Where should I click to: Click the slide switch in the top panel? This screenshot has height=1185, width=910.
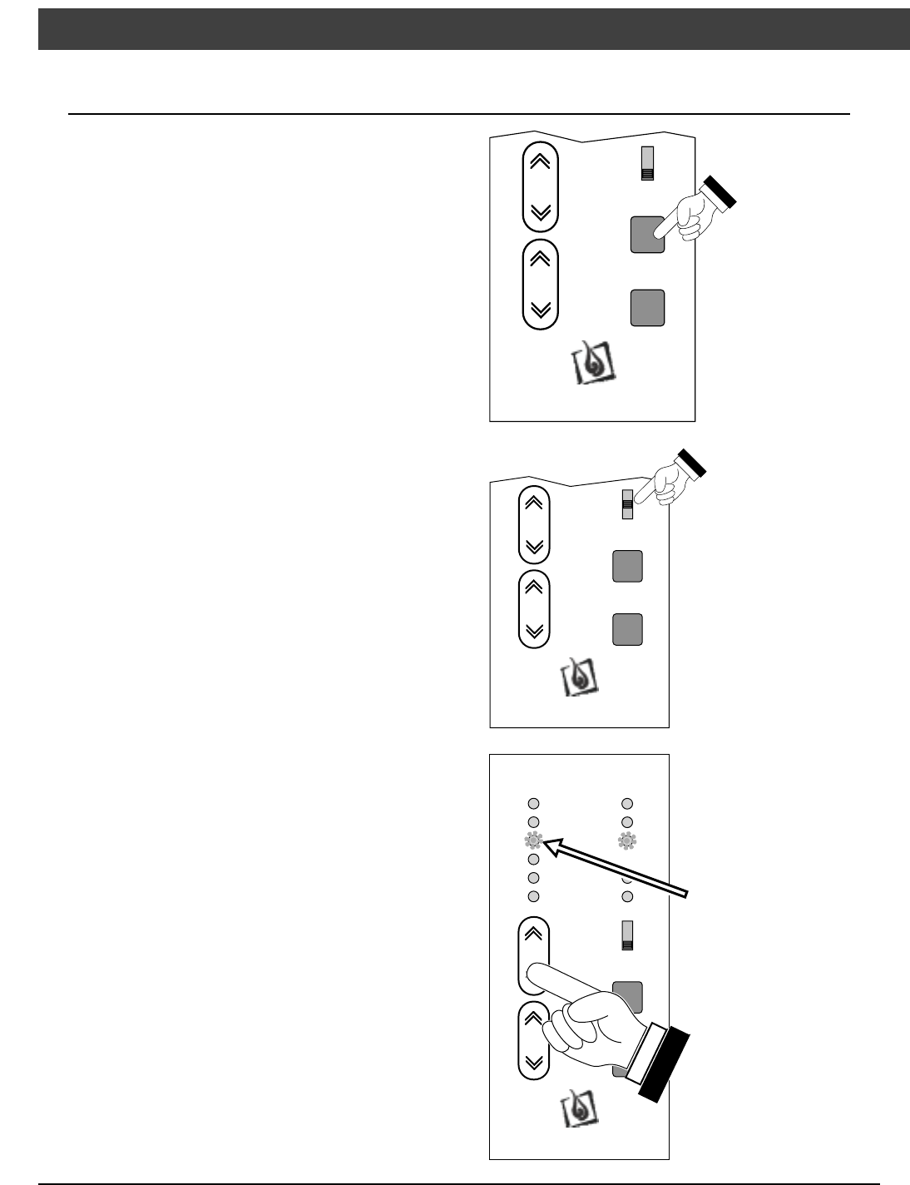[x=646, y=163]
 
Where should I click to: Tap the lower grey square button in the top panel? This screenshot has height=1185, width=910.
[x=647, y=307]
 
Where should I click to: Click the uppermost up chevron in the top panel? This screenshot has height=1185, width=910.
[x=540, y=161]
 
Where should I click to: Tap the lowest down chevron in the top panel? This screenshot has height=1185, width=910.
[x=540, y=310]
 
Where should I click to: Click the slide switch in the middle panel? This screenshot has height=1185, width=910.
[x=628, y=504]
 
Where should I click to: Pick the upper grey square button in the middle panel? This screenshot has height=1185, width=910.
[x=627, y=566]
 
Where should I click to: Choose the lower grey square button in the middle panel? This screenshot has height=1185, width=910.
[x=627, y=628]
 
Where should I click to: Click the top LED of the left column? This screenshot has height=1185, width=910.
[x=534, y=804]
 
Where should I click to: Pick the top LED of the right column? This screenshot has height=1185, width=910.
[x=627, y=804]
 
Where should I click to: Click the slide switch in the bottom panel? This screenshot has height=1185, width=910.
[x=627, y=935]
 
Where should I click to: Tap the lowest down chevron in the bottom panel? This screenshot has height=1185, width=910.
[x=535, y=1062]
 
